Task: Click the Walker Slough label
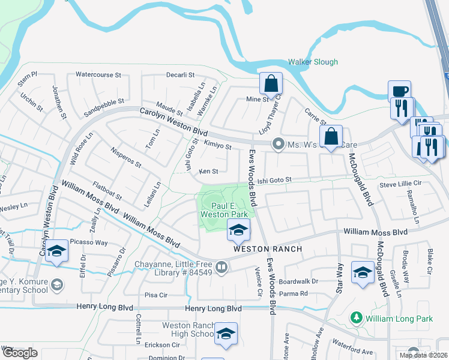point(312,62)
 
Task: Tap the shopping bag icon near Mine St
point(271,84)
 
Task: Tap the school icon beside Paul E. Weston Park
point(238,230)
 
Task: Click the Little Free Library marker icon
point(221,267)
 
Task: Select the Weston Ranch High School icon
point(226,334)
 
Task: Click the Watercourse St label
point(98,75)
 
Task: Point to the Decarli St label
point(181,75)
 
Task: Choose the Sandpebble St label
point(104,107)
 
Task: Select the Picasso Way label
point(88,242)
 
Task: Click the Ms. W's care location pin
point(278,143)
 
